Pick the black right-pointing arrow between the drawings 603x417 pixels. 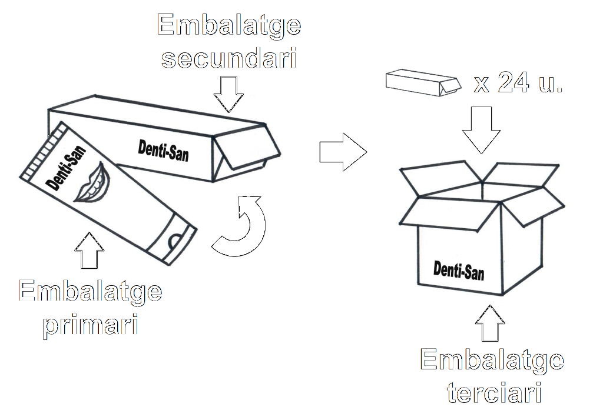(x=342, y=152)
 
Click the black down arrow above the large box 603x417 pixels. (x=481, y=128)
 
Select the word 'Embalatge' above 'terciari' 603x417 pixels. (x=491, y=360)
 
